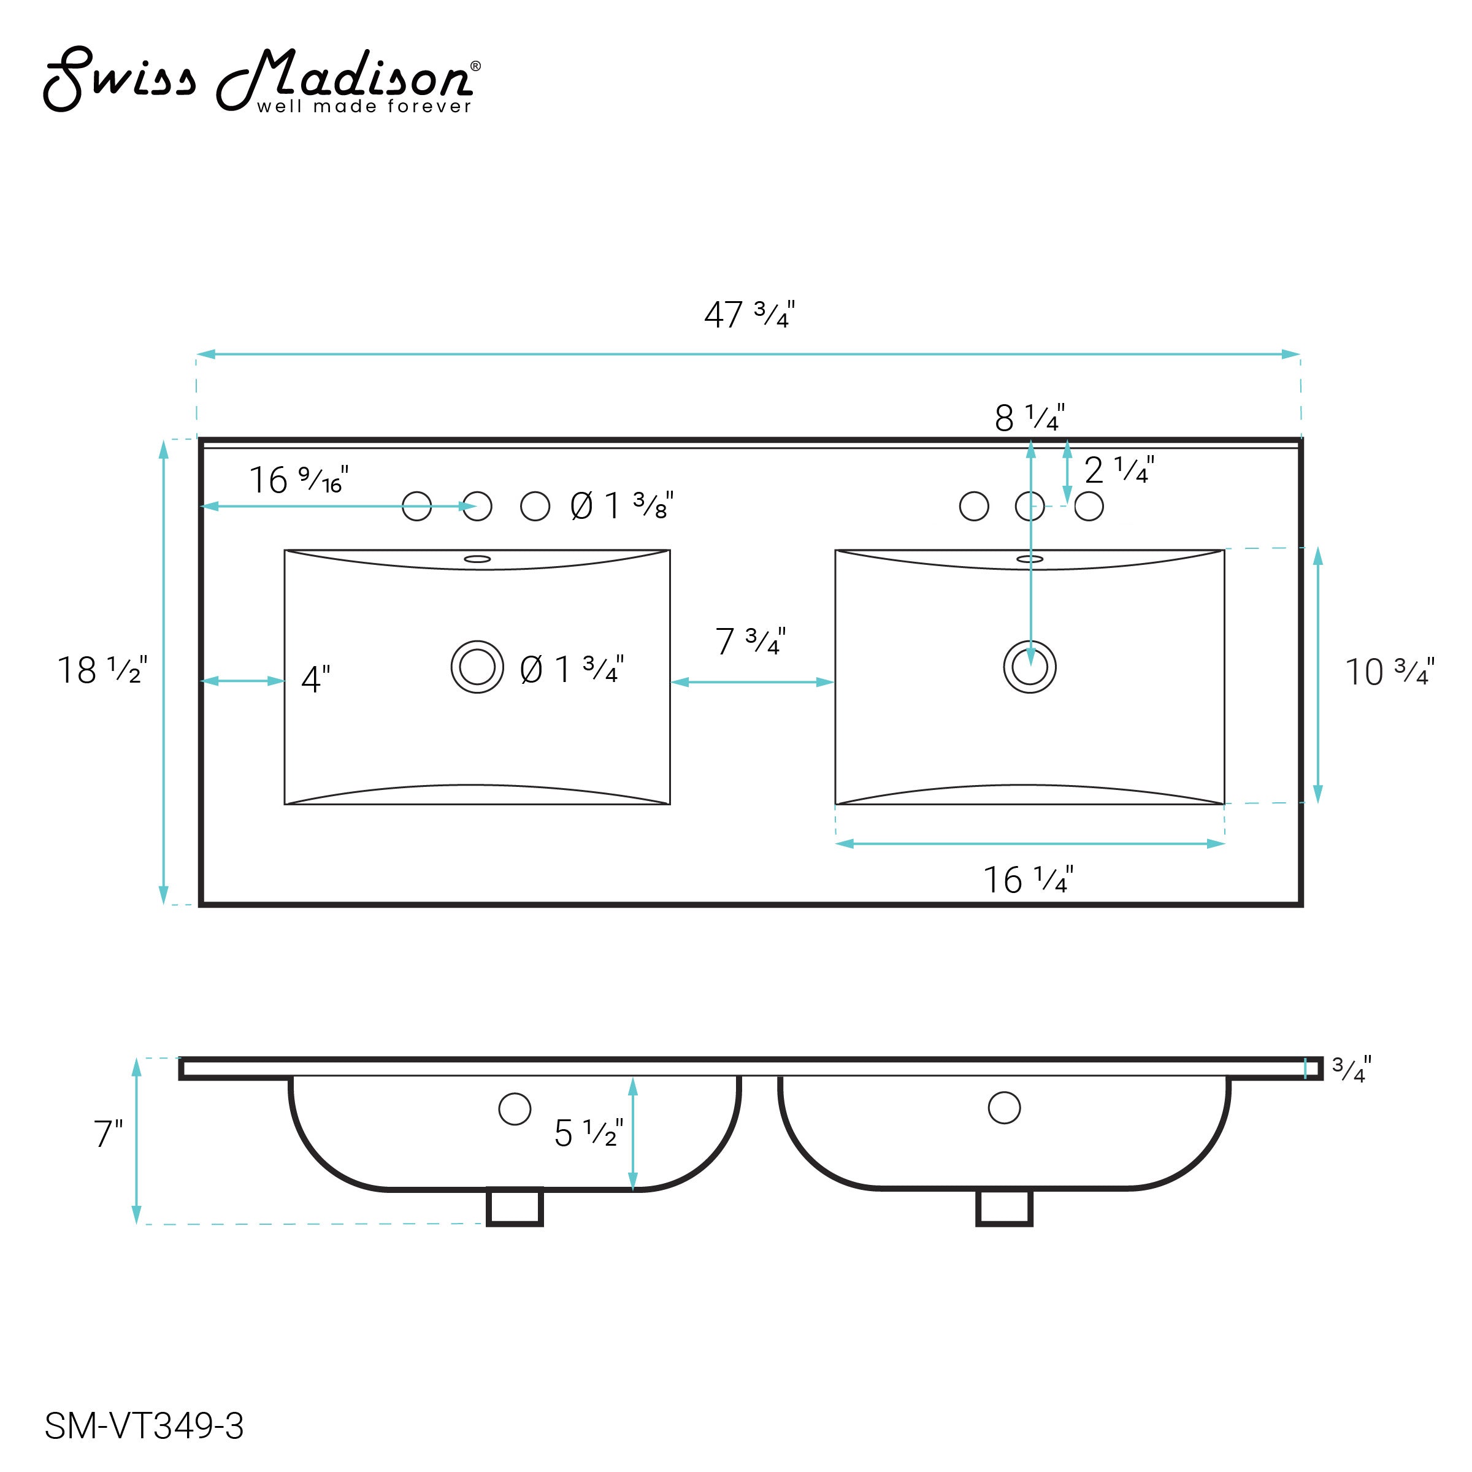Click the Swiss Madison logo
[262, 79]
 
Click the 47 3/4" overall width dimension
[749, 314]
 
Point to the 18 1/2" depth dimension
[102, 670]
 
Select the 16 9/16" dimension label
[299, 480]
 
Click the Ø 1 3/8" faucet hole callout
[622, 506]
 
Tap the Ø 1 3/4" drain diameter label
[572, 670]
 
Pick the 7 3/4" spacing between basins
[751, 642]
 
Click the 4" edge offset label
[315, 679]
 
